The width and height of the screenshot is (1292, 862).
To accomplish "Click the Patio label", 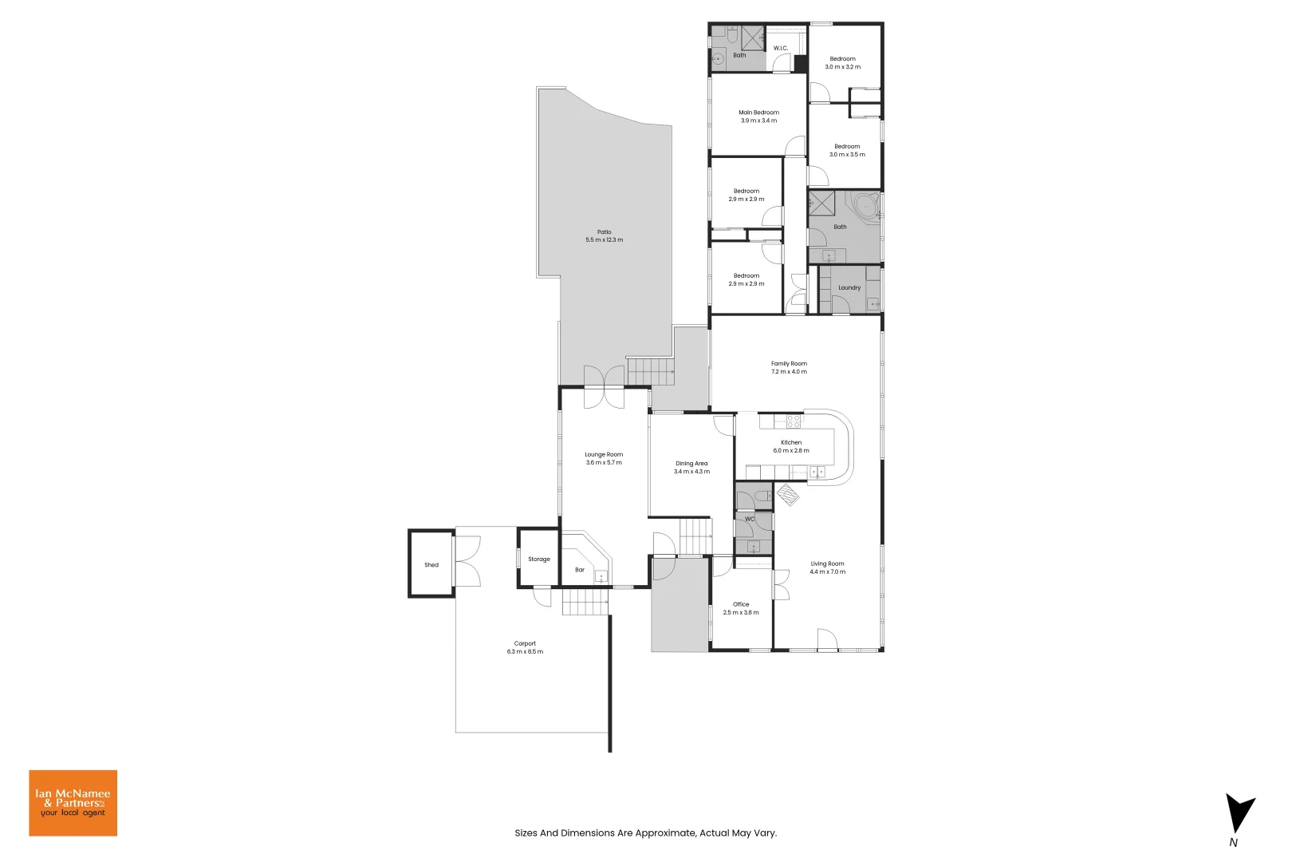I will pos(604,232).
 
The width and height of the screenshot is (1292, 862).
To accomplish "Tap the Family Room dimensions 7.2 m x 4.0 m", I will pos(789,372).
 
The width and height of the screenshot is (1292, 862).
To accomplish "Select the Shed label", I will pos(431,565).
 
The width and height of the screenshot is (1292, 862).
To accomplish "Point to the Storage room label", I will pos(539,560).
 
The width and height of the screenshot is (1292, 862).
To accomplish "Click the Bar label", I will pos(580,570).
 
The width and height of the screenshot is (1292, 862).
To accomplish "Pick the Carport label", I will pos(525,643).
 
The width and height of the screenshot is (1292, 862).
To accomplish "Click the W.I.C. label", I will pos(781,49).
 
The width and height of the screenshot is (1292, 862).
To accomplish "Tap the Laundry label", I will pos(849,288).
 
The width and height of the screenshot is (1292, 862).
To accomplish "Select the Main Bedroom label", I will pos(758,113).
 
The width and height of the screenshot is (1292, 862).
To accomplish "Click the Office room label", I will pos(741,604).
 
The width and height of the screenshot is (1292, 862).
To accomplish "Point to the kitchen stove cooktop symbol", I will pos(794,421).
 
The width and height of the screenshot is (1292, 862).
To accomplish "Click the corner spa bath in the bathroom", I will pos(865,206).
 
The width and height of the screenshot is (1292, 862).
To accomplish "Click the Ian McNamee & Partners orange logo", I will pos(73,803).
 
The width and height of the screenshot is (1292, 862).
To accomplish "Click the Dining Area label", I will pos(691,464).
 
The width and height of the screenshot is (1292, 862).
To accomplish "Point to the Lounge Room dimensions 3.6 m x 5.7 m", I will pos(604,463).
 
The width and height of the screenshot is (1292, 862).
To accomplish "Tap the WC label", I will pos(750,520).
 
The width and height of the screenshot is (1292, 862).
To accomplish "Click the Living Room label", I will pos(827,563).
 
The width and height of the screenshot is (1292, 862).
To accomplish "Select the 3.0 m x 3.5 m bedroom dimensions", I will pos(847,155).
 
